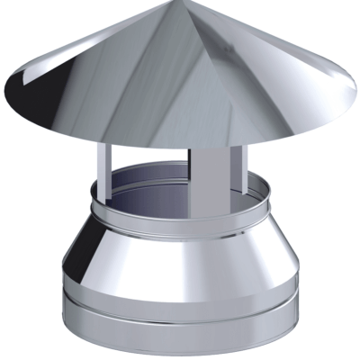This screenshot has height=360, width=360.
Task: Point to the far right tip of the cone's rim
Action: click(x=352, y=97)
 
